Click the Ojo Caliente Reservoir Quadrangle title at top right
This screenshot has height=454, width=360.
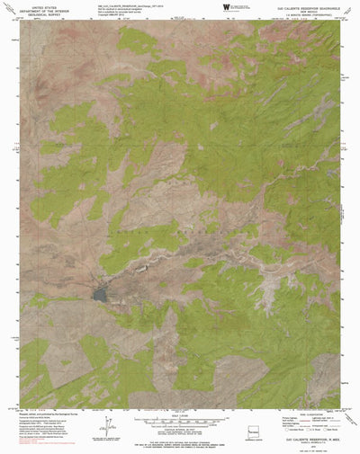click(x=301, y=8)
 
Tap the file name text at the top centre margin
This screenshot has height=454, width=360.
click(x=135, y=4)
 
